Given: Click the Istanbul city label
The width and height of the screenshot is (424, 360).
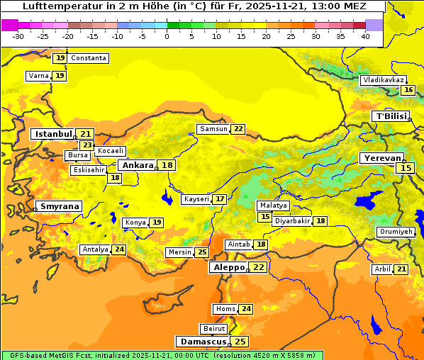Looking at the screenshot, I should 54,134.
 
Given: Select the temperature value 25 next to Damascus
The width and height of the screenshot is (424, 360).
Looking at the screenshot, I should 240,342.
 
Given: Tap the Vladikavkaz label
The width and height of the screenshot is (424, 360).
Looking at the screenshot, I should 383,80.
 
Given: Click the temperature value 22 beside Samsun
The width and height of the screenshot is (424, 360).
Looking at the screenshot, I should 238,129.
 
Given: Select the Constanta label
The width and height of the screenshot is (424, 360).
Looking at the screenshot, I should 89,58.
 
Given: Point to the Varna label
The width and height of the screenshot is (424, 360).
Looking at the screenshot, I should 38,75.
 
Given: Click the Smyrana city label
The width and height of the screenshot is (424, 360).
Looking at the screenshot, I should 59,206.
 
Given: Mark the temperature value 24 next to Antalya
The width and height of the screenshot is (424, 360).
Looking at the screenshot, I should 119,249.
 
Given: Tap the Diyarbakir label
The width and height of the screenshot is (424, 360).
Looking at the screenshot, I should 292,221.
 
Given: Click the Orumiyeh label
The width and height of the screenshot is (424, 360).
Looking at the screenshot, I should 395,232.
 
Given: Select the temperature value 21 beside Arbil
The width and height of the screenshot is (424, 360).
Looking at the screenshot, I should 401,269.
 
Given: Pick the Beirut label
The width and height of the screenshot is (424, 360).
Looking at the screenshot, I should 214,329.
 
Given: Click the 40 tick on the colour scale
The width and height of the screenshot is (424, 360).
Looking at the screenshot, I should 365,36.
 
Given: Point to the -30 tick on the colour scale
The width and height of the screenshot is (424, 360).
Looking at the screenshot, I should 18,36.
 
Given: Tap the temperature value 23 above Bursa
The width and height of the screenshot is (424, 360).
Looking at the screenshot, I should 87,145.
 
